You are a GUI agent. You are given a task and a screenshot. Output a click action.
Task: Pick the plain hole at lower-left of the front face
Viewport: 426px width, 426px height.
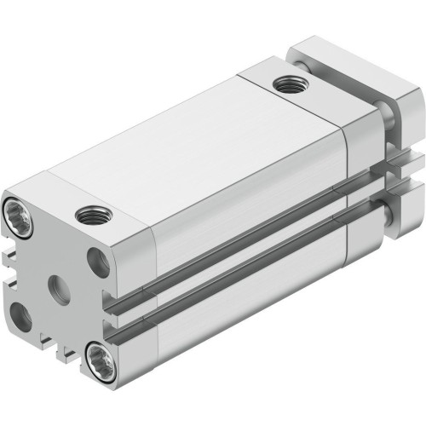21,316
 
